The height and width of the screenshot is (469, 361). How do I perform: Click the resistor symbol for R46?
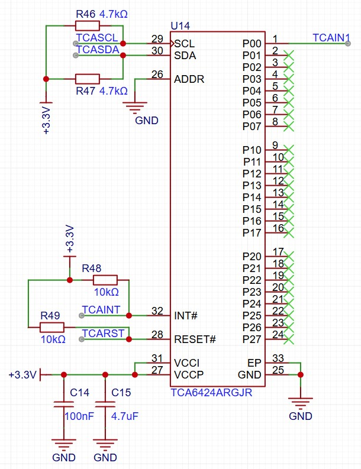88,25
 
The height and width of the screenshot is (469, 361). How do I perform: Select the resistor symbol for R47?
88,79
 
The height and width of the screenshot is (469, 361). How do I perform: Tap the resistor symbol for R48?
105,280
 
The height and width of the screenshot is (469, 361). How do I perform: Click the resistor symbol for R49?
52,327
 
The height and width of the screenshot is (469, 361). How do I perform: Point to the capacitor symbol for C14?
64,405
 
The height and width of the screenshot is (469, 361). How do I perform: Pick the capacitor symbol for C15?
105,405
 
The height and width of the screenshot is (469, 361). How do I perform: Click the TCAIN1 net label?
331,37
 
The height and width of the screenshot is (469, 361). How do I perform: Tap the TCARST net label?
104,333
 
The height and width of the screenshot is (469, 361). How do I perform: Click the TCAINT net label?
101,309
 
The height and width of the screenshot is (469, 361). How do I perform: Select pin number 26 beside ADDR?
157,75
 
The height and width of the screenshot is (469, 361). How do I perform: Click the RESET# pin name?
195,339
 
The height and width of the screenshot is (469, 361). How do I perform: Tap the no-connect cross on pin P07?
289,126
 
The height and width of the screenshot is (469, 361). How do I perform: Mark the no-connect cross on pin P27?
289,339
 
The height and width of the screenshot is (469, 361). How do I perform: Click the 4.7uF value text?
125,416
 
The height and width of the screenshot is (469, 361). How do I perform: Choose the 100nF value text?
79,416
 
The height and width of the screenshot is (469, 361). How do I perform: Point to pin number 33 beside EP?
278,358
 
